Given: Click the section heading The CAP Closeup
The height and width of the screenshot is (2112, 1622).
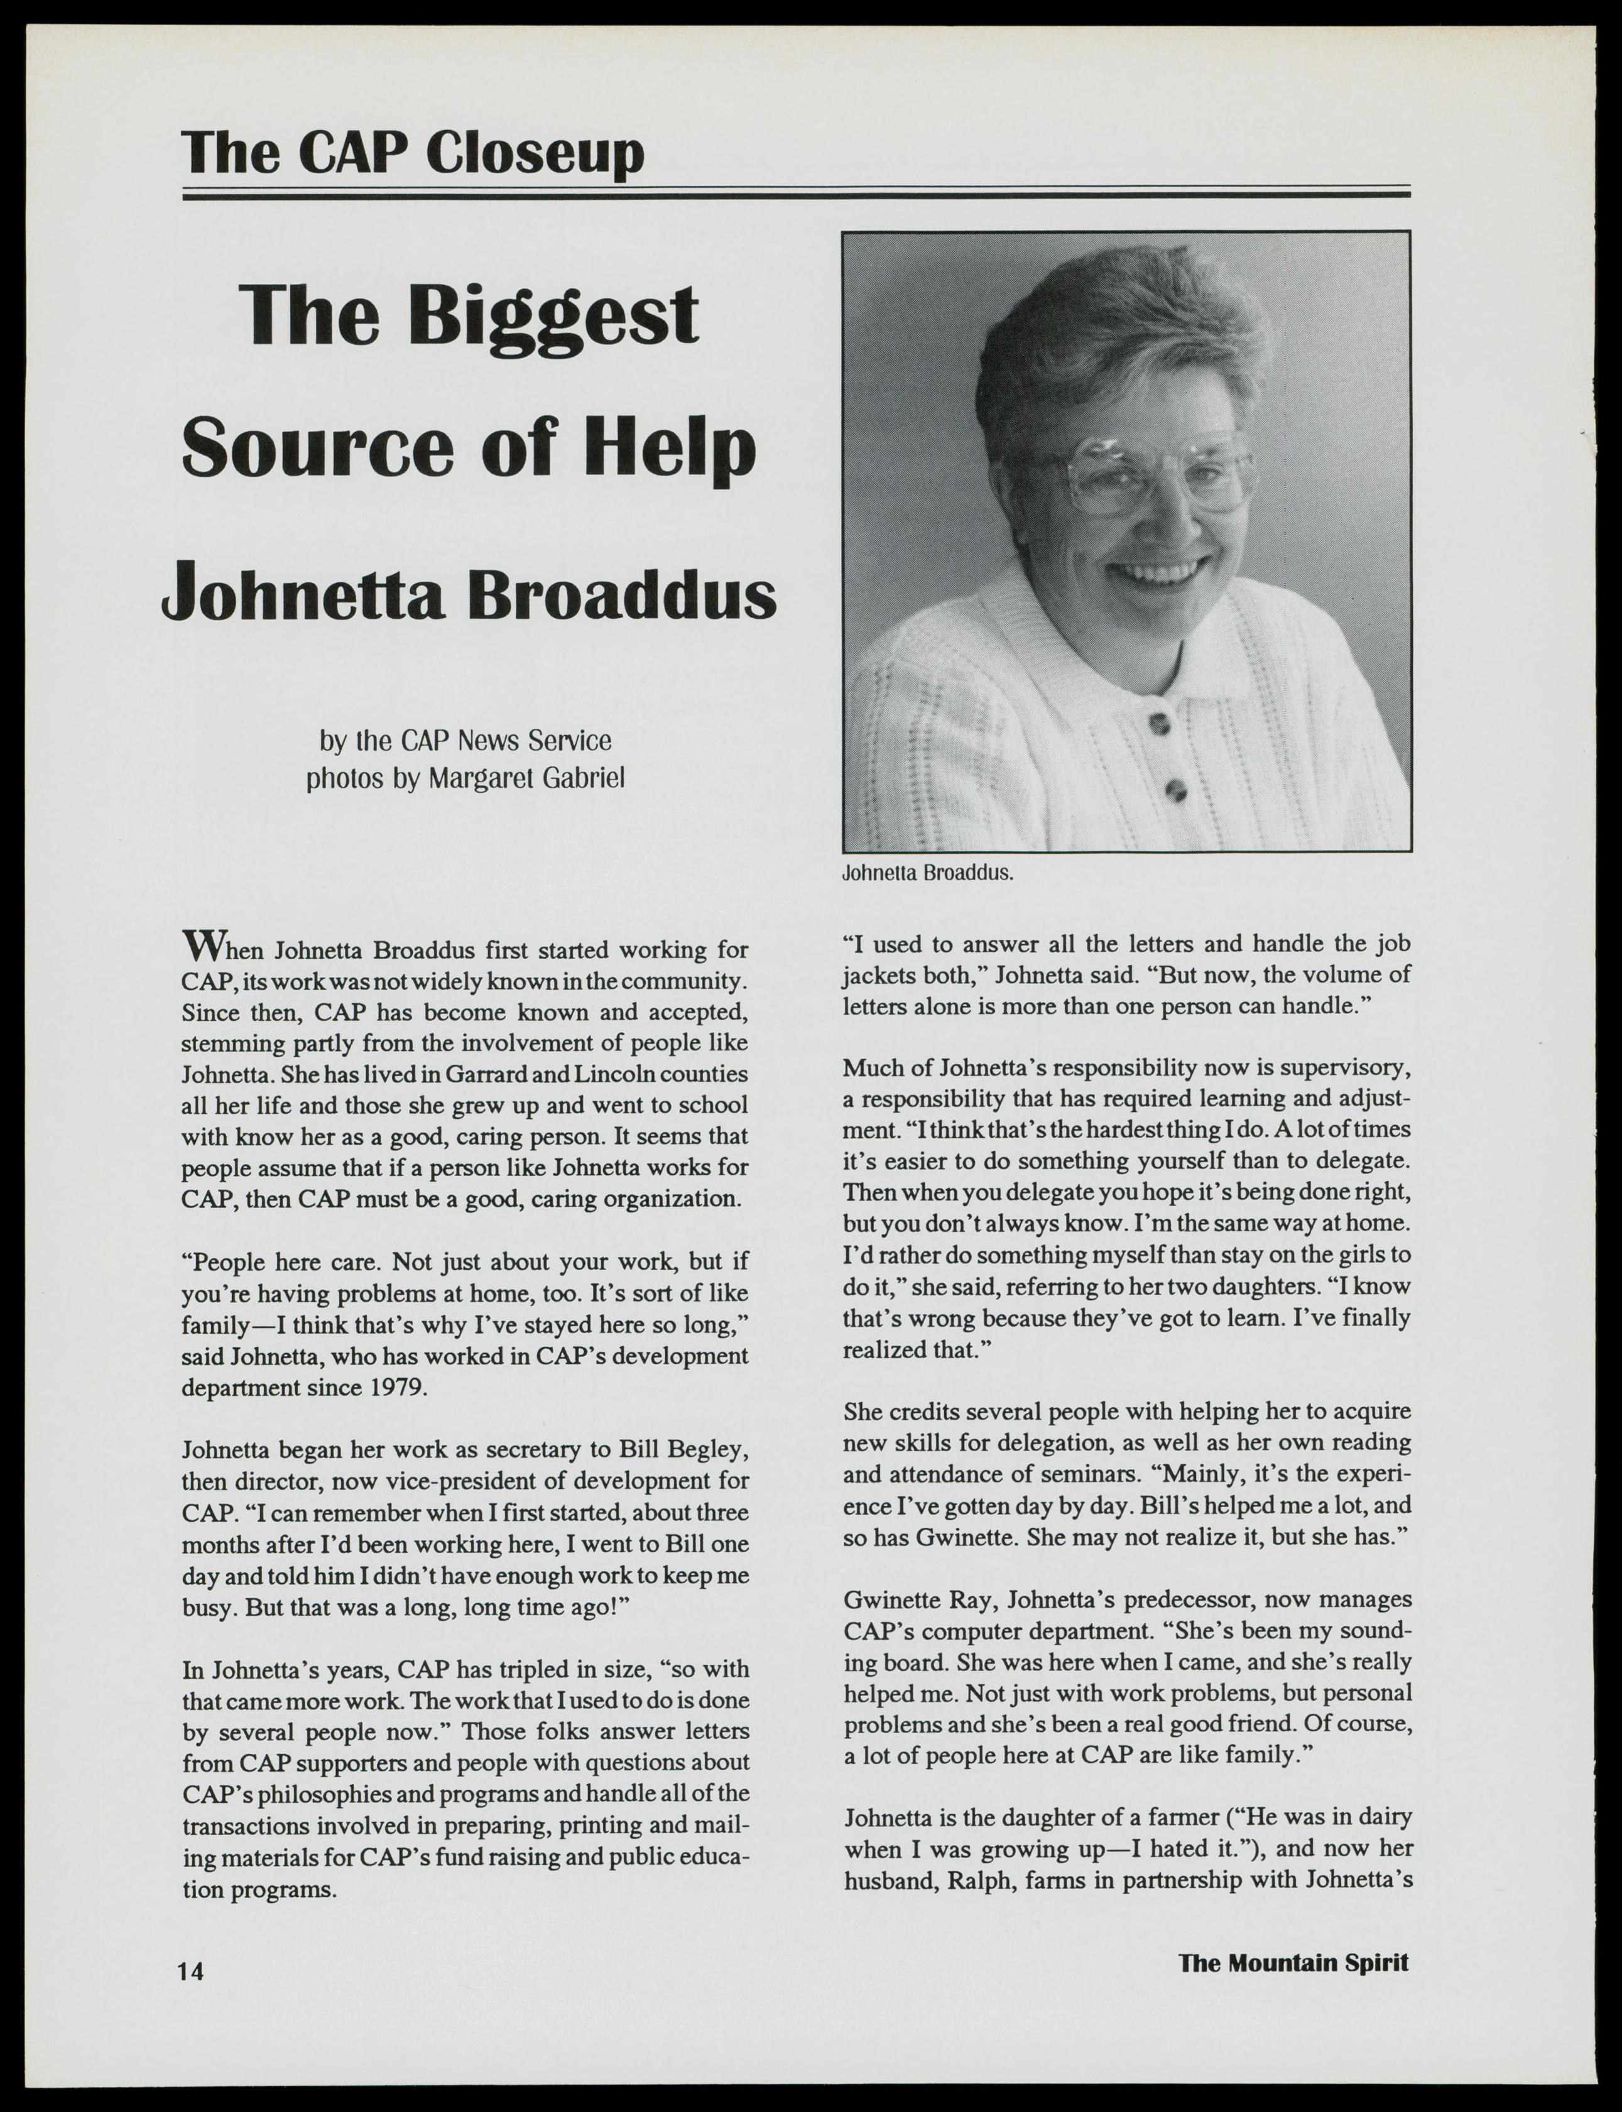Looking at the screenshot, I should [x=413, y=153].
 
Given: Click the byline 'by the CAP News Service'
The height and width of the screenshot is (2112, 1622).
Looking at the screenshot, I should [x=465, y=741].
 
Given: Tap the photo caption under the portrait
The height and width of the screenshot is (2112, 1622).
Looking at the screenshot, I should [x=927, y=874].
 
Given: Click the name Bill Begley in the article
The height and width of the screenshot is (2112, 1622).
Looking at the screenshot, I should [x=683, y=1450].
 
